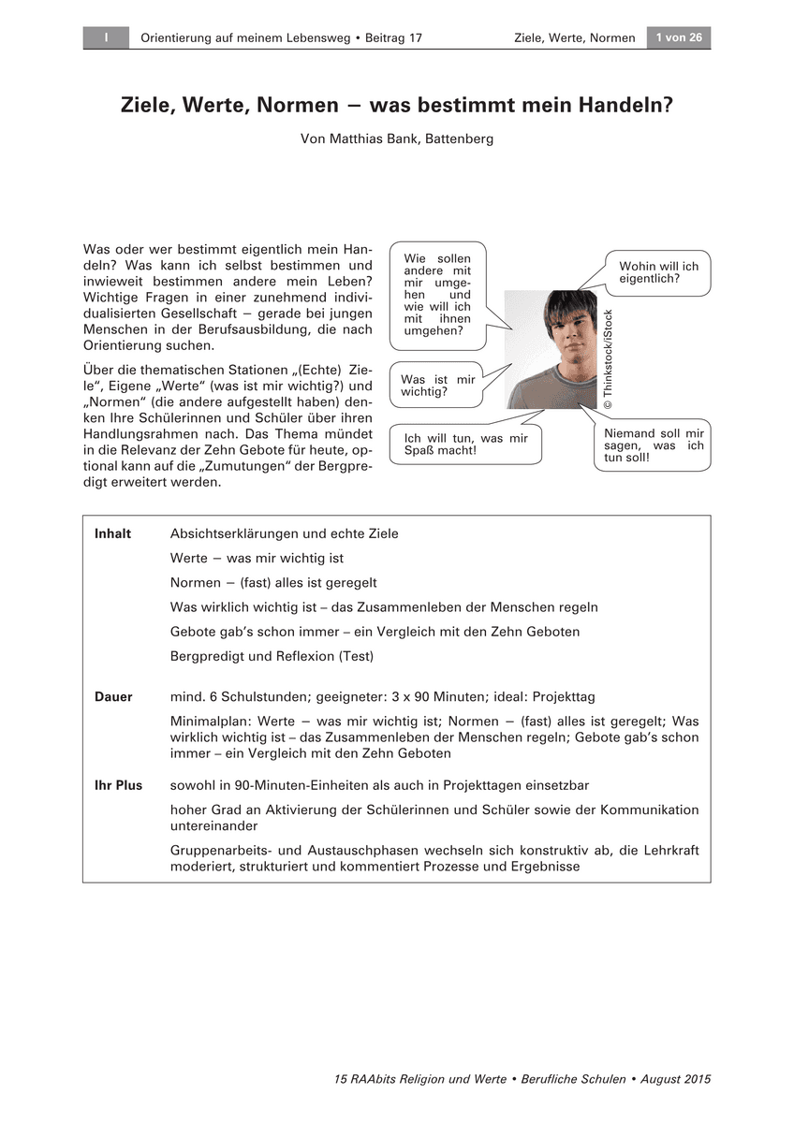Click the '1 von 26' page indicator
click(679, 37)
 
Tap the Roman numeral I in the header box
click(107, 37)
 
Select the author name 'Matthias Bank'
click(374, 139)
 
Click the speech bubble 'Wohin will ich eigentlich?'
click(658, 272)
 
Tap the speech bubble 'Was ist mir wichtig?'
click(437, 386)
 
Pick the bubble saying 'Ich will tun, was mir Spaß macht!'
click(465, 444)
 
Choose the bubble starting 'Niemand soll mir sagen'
click(654, 445)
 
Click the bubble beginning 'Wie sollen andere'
click(437, 294)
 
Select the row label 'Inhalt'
click(113, 533)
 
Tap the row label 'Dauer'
click(113, 696)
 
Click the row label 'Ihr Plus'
click(118, 785)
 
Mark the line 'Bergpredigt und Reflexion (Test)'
click(272, 656)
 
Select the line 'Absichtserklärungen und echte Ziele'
click(284, 533)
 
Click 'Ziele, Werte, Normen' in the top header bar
click(574, 37)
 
